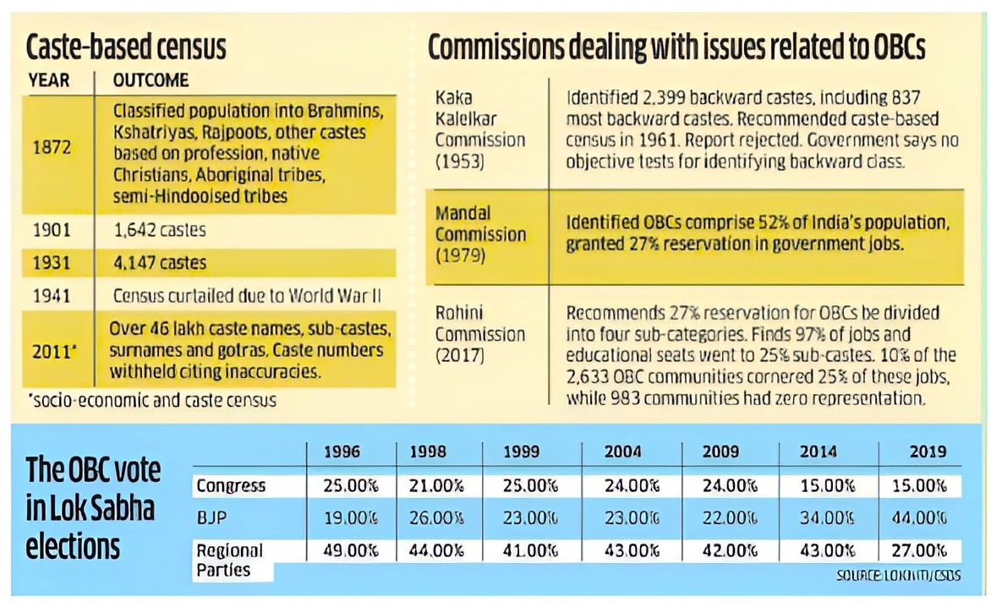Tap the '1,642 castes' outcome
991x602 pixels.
click(160, 229)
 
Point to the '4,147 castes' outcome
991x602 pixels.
click(160, 263)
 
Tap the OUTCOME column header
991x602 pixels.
click(151, 81)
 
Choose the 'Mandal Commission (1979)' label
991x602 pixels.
click(479, 233)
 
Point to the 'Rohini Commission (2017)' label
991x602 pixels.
click(479, 333)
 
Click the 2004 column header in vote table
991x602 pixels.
click(622, 452)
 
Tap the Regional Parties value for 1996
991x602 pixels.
click(349, 550)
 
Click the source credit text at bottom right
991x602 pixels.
click(898, 576)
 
